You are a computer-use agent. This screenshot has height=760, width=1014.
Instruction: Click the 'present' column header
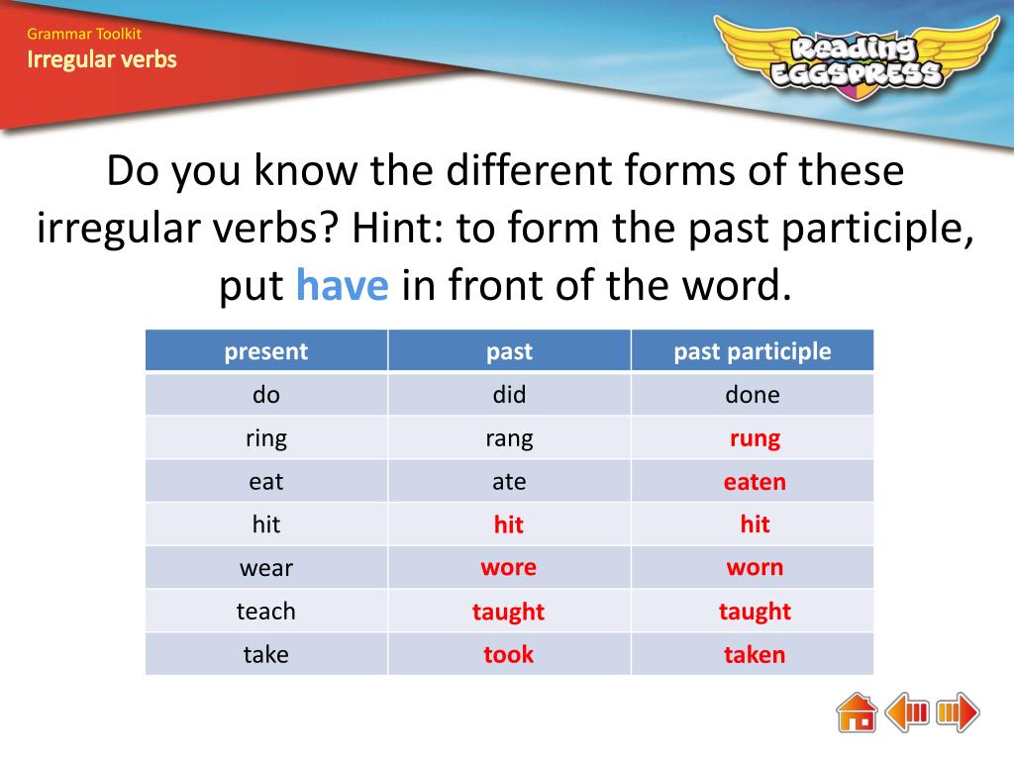[265, 351]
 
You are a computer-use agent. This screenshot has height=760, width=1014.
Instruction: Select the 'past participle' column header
[753, 351]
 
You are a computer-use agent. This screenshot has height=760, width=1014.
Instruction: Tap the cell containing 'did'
[509, 395]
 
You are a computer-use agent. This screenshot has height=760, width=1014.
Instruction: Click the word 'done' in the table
[753, 395]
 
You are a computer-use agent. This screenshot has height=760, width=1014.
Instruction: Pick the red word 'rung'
[755, 438]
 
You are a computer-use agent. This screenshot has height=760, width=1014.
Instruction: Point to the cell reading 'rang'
[509, 438]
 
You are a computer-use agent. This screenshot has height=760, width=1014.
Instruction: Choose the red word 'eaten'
[755, 482]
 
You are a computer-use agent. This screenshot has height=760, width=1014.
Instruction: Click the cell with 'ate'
[509, 482]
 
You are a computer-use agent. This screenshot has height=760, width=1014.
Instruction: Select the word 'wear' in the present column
[265, 568]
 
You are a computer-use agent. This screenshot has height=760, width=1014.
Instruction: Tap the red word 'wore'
[508, 567]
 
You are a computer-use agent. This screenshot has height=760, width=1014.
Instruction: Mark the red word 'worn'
[755, 567]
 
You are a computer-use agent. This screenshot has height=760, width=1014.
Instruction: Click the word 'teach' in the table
[265, 611]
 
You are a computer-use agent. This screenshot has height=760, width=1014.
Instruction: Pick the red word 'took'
[508, 654]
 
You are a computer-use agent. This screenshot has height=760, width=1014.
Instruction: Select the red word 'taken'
[755, 654]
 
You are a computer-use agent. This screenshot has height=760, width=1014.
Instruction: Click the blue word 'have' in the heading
[343, 286]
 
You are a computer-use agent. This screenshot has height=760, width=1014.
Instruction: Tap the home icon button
[857, 712]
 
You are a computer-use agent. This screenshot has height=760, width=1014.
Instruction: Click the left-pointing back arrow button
[907, 712]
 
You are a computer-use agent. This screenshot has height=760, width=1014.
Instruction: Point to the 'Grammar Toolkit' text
[84, 35]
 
